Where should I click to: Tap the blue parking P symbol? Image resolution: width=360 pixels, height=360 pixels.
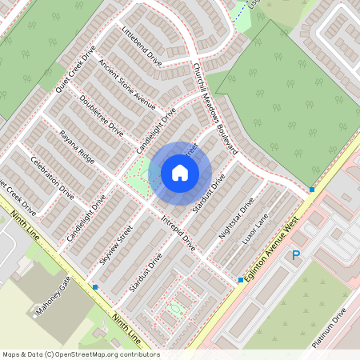tap(295, 255)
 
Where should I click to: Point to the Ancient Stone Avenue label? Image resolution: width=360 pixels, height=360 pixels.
tap(126, 83)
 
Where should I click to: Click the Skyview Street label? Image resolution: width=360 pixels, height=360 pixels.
tap(115, 249)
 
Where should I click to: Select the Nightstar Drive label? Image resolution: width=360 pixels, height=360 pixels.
tap(236, 218)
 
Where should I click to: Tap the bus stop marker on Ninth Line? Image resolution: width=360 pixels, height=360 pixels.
tap(95, 286)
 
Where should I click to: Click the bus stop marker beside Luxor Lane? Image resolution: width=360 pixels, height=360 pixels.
tap(240, 280)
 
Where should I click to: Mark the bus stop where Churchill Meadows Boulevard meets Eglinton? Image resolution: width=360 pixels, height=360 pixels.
tap(312, 190)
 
